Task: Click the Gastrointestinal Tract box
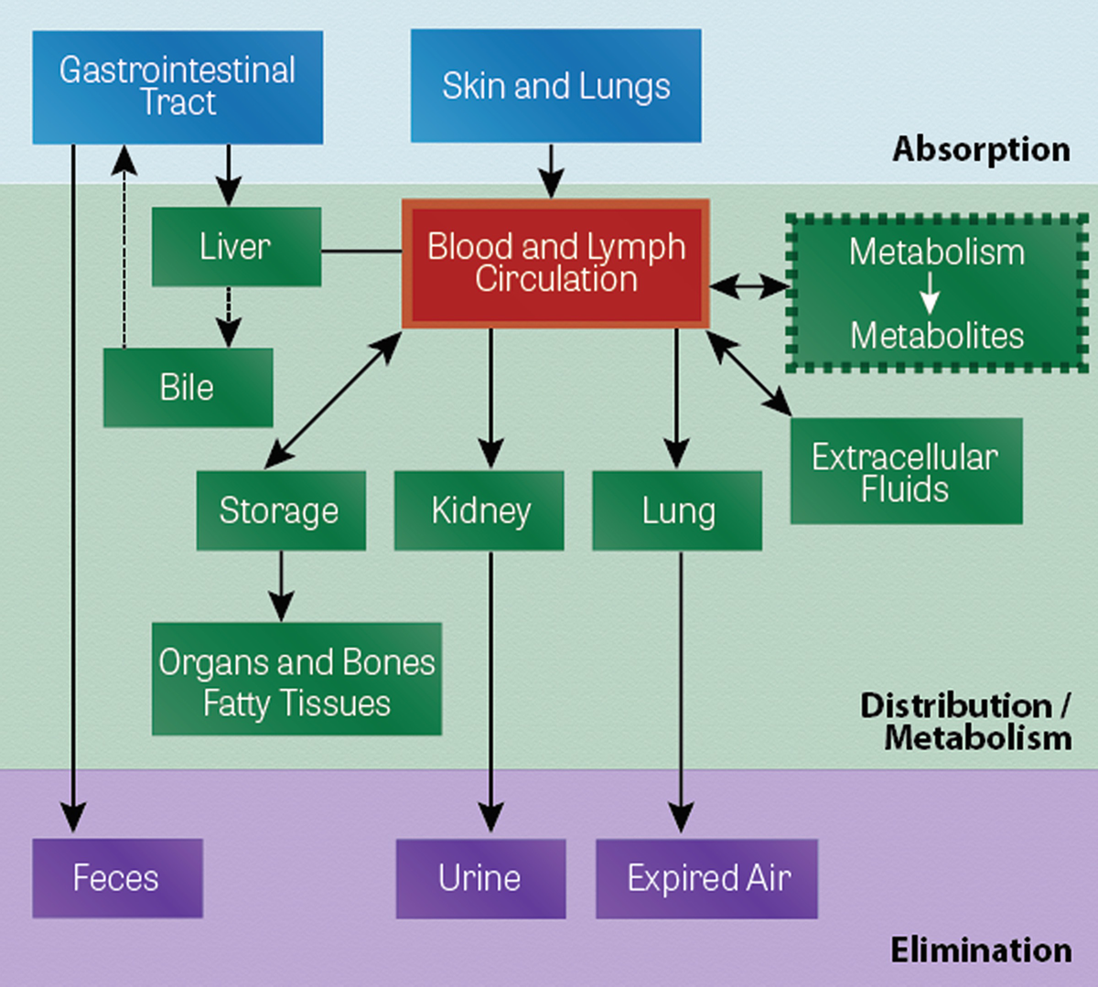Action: [x=178, y=87]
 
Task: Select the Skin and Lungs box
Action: [x=555, y=86]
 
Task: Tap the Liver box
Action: [x=236, y=246]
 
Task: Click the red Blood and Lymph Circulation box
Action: [x=555, y=263]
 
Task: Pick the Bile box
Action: [x=188, y=387]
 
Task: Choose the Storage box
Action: [x=280, y=510]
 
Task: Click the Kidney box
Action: [x=479, y=510]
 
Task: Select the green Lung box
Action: [x=677, y=510]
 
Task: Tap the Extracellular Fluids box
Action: [x=906, y=471]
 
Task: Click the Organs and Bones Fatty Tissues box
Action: [x=296, y=680]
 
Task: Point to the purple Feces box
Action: [x=117, y=878]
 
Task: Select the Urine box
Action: [x=480, y=878]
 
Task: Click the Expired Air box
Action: [x=706, y=878]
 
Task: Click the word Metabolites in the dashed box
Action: [x=937, y=336]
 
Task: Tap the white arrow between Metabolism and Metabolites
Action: [x=930, y=294]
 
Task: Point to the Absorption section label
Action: [x=981, y=148]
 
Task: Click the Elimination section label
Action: [x=981, y=949]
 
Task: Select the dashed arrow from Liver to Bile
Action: [x=229, y=316]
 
